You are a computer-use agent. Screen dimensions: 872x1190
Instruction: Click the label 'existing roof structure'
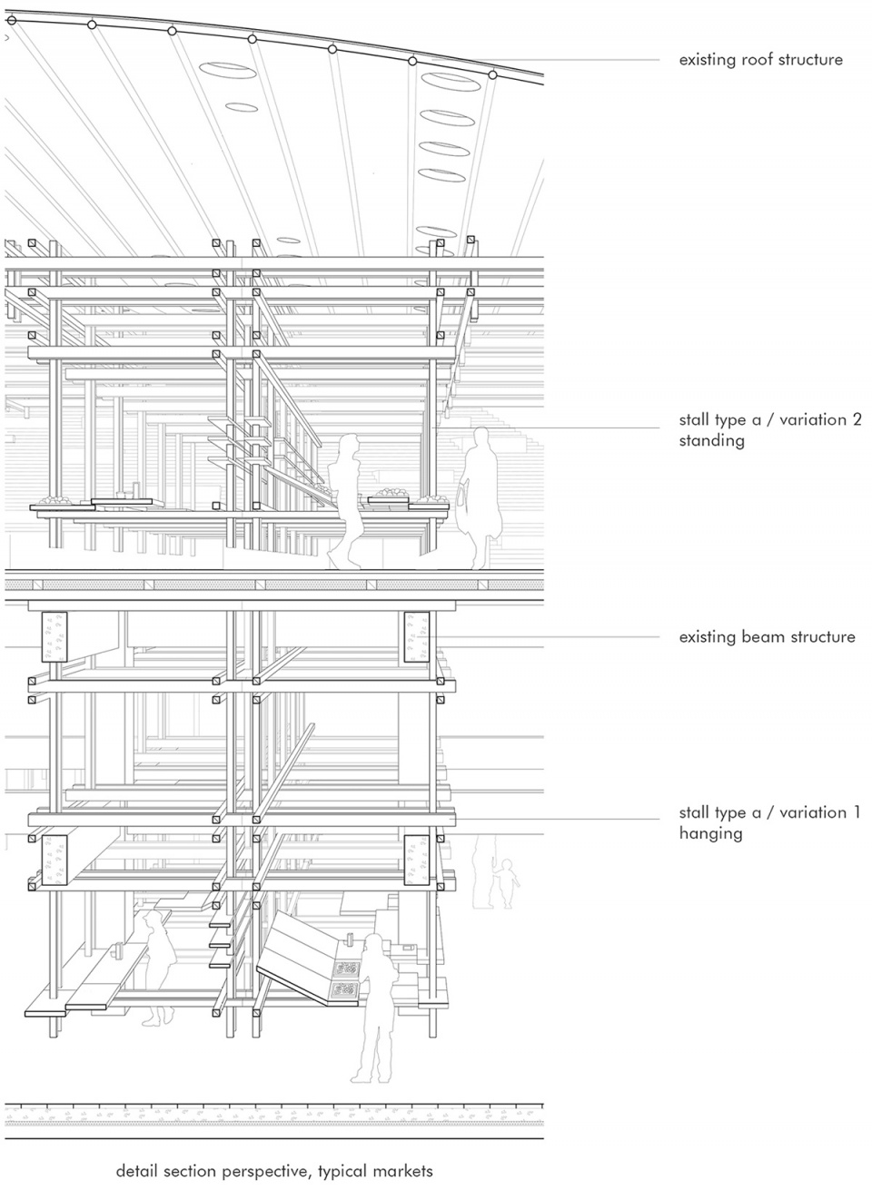[760, 59]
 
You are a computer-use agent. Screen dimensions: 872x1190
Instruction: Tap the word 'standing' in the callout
[711, 441]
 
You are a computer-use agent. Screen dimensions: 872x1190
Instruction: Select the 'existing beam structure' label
[767, 636]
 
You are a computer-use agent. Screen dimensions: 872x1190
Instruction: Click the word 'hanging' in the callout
[709, 833]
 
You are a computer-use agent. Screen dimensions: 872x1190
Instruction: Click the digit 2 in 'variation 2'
[856, 419]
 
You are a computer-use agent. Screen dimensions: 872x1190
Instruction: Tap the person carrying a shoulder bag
[479, 498]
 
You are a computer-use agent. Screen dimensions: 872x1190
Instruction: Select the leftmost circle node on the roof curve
[12, 21]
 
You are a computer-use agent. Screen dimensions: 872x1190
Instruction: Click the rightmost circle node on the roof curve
[492, 75]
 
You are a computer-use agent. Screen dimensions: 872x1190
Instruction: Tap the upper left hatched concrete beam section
[54, 637]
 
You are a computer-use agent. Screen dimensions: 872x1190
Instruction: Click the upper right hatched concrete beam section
[417, 637]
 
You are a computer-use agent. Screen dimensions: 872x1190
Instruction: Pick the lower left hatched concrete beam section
[54, 861]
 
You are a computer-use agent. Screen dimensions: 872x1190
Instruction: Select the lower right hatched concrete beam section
[417, 861]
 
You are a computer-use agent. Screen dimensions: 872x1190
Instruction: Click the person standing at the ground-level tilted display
[374, 1009]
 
